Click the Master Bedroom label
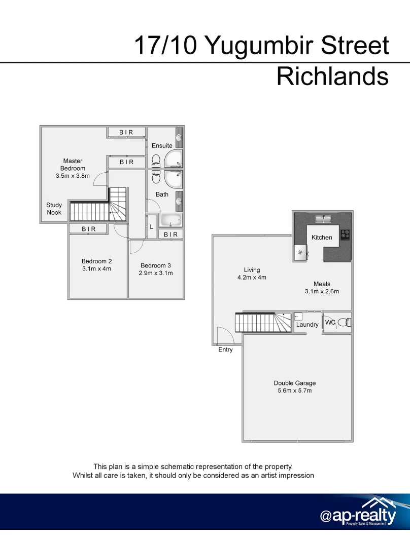pyautogui.click(x=73, y=165)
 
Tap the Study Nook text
pyautogui.click(x=54, y=209)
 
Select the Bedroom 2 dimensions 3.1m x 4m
pyautogui.click(x=96, y=269)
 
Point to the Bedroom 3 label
pyautogui.click(x=156, y=265)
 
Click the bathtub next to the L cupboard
pyautogui.click(x=170, y=221)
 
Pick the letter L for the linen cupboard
pyautogui.click(x=151, y=227)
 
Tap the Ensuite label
pyautogui.click(x=162, y=146)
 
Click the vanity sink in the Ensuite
pyautogui.click(x=179, y=137)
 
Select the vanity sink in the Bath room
pyautogui.click(x=179, y=201)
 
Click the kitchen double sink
pyautogui.click(x=323, y=219)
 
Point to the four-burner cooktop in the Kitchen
pyautogui.click(x=346, y=233)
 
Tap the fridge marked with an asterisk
pyautogui.click(x=300, y=252)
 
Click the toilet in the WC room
pyautogui.click(x=344, y=322)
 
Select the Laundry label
pyautogui.click(x=307, y=325)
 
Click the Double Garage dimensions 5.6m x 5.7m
pyautogui.click(x=295, y=391)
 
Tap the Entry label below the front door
pyautogui.click(x=225, y=350)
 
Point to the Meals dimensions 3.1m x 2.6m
pyautogui.click(x=322, y=291)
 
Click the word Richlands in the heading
pyautogui.click(x=332, y=76)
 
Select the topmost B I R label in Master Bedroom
pyautogui.click(x=126, y=132)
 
